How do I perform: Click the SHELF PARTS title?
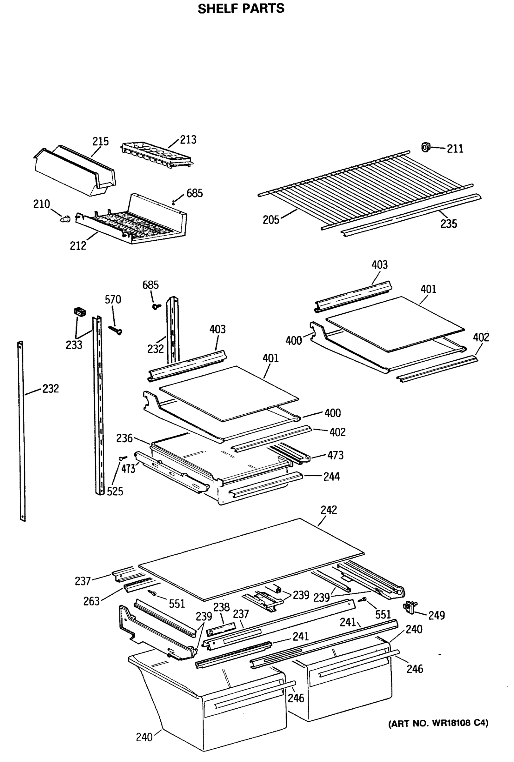pos(241,9)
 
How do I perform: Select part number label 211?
pos(455,149)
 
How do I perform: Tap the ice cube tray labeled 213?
pos(157,155)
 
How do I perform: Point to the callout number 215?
pos(100,141)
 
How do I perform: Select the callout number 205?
pos(271,220)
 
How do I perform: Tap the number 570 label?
pos(113,299)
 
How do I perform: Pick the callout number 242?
pos(329,510)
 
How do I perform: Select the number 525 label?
pos(115,491)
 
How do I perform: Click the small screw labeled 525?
pos(123,458)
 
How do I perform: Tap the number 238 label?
pos(221,607)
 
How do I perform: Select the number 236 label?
pos(124,438)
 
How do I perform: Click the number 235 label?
pos(448,224)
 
